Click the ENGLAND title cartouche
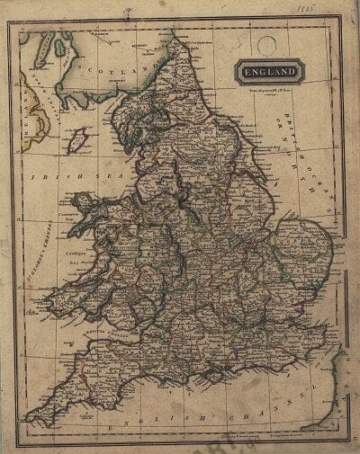(x=271, y=70)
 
